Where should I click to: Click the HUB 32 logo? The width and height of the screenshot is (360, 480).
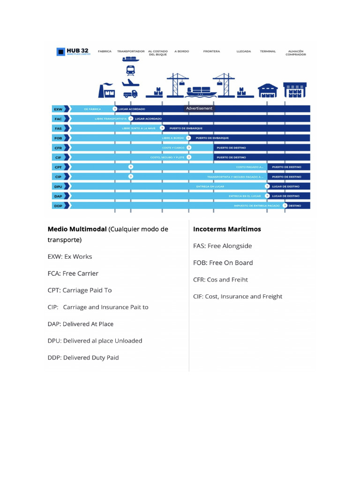73,52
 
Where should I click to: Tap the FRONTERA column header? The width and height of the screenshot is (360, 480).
211,51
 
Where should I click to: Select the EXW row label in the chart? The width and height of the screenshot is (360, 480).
59,109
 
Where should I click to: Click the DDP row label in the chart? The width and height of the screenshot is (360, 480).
59,205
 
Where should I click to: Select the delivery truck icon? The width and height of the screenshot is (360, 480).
130,94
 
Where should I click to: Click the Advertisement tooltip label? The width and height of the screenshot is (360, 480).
199,108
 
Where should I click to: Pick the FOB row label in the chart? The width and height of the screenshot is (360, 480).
59,138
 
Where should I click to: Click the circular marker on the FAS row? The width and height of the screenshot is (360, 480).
162,128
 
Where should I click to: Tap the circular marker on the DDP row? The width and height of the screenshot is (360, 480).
285,205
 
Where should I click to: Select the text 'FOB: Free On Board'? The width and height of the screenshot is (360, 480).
223,262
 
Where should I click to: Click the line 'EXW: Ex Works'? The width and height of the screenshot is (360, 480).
70,256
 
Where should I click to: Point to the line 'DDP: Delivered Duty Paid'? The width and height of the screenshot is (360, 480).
83,358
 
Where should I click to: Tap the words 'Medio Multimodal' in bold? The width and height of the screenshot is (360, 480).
77,229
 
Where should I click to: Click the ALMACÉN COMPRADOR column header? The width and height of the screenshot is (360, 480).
295,52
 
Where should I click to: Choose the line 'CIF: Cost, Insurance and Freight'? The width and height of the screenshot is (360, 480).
238,296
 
